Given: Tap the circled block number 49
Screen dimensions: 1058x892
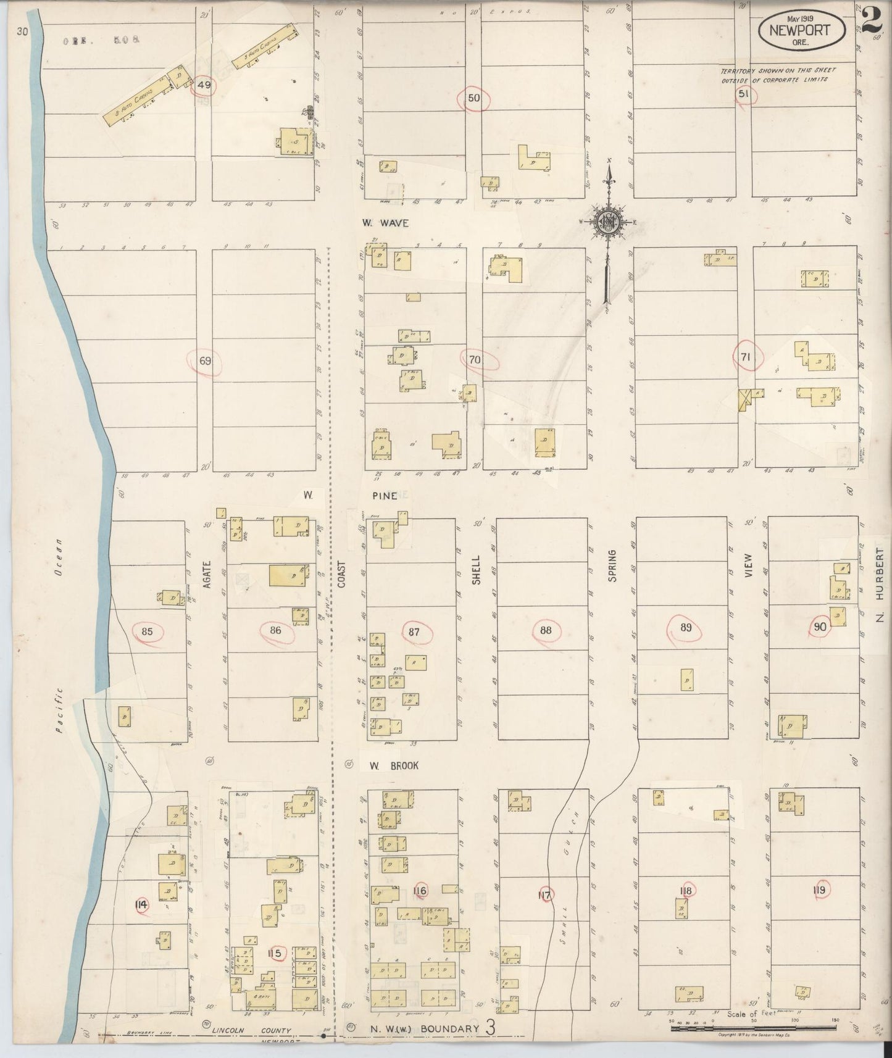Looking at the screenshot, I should (x=204, y=86).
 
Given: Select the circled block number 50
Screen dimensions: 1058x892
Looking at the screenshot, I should (x=473, y=98).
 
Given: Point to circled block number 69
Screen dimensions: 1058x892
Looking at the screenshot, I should (x=205, y=361).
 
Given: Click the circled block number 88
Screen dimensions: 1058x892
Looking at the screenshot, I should (x=545, y=630).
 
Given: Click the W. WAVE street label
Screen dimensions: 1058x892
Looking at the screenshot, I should (x=385, y=223).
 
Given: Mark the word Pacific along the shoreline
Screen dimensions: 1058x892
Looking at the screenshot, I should (x=59, y=709).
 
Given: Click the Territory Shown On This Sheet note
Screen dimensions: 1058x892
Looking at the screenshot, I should (x=774, y=75).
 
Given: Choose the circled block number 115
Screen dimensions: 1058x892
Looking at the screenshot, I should (x=275, y=953).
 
